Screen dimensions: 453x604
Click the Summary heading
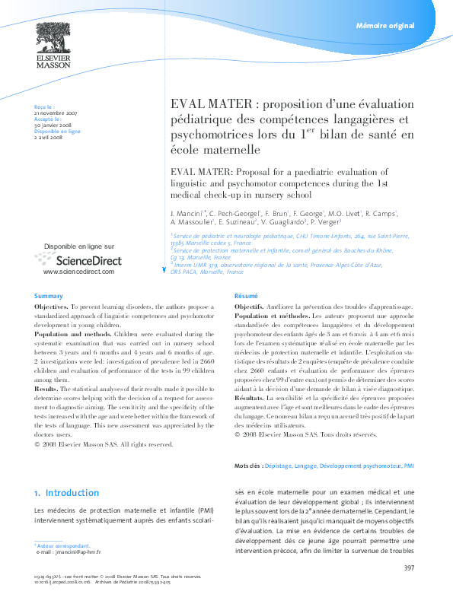pyautogui.click(x=48, y=295)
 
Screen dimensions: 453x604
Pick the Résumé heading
pyautogui.click(x=245, y=295)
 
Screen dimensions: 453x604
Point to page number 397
pyautogui.click(x=409, y=568)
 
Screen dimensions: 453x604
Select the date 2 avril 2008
pyautogui.click(x=48, y=137)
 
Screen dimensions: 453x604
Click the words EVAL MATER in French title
pyautogui.click(x=203, y=104)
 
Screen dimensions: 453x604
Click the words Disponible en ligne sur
pyautogui.click(x=79, y=246)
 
